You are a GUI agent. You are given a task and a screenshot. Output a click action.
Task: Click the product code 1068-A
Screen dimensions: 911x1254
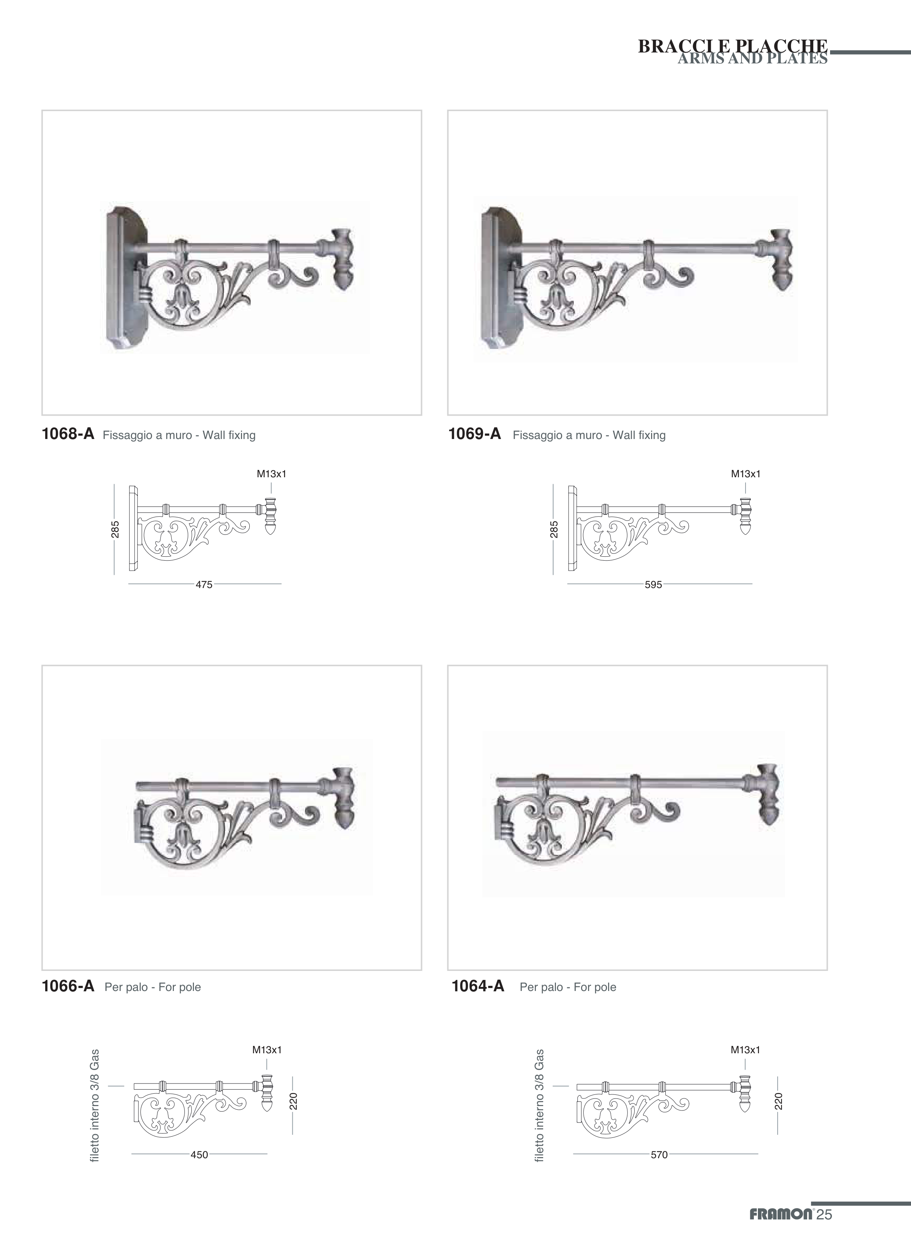[x=68, y=434]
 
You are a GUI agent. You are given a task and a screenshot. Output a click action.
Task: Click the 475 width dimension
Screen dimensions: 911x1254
[x=204, y=584]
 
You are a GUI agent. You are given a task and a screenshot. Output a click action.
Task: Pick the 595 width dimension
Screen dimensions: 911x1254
[x=653, y=584]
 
